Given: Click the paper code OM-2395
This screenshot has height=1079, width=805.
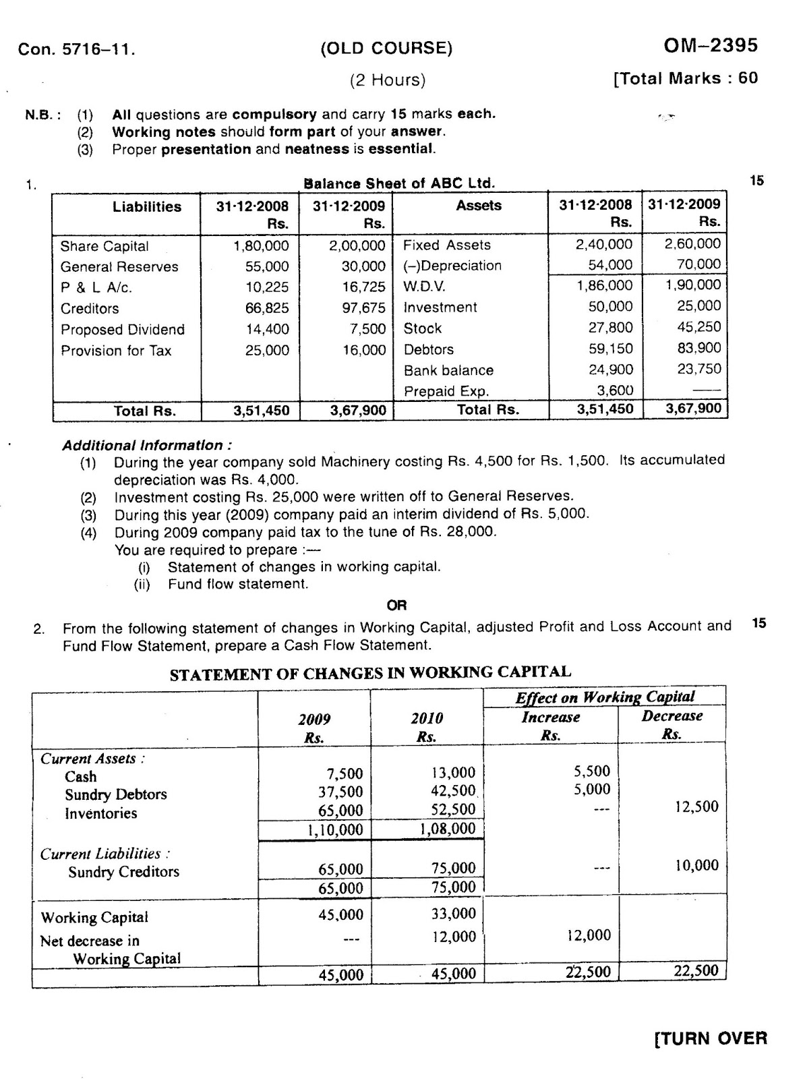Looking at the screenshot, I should pyautogui.click(x=711, y=46).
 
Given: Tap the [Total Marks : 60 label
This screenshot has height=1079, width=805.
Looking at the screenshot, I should pyautogui.click(x=686, y=78).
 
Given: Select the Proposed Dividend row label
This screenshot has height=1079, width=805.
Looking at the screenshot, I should pyautogui.click(x=123, y=330).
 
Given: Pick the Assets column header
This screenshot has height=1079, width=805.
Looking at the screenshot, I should pyautogui.click(x=479, y=206).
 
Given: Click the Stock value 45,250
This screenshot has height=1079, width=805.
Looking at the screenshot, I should pyautogui.click(x=698, y=327).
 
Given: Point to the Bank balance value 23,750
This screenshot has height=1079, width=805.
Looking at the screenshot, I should pyautogui.click(x=698, y=369).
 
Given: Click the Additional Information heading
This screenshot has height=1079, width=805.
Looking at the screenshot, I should pyautogui.click(x=148, y=446).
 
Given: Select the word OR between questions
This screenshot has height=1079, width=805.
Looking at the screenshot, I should pyautogui.click(x=397, y=606).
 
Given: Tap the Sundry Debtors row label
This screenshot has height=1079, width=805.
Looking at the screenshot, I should pyautogui.click(x=115, y=794).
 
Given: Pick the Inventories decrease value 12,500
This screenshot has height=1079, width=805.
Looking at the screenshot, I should pyautogui.click(x=696, y=807).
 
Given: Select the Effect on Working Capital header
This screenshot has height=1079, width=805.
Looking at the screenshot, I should pyautogui.click(x=605, y=697).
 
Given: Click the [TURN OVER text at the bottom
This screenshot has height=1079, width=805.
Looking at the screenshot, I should pyautogui.click(x=711, y=1039).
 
